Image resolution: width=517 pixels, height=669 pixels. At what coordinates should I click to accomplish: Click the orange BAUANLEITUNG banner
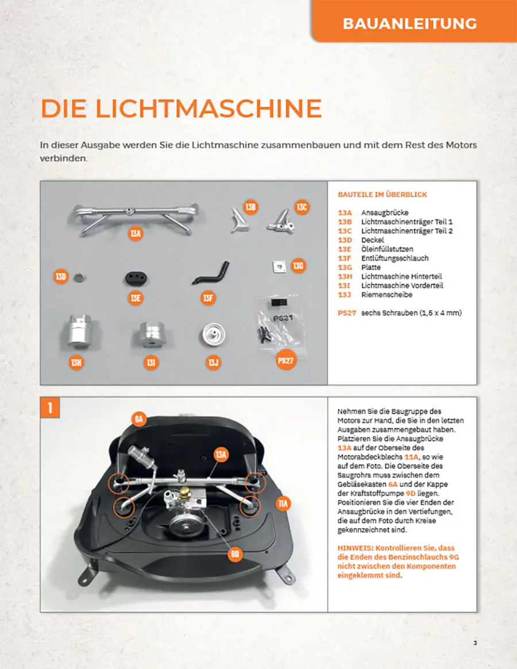pos(414,21)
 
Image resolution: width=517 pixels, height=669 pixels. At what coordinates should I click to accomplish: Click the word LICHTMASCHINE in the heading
pos(209,109)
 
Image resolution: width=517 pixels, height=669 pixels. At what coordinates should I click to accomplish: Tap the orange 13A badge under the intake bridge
pos(136,233)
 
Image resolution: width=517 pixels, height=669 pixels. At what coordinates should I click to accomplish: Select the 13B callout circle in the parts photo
pos(250,207)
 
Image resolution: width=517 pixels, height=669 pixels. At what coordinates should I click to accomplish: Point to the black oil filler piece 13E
pos(136,279)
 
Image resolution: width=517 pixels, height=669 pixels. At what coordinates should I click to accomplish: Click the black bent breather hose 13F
pos(211,273)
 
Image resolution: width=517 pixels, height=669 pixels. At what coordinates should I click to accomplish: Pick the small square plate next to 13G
pos(279,266)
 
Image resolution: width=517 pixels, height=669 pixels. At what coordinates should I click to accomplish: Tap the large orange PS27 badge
pos(285,361)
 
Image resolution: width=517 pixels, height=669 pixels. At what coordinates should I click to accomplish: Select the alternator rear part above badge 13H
pos(80,331)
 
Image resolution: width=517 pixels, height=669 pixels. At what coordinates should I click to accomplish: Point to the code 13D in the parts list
pos(345,240)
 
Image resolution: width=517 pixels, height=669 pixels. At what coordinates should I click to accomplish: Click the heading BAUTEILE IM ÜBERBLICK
pos(383,195)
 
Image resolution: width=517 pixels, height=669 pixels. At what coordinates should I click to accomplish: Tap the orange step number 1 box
pos(50,408)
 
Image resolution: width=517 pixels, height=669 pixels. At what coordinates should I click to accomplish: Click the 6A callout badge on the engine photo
pos(139,419)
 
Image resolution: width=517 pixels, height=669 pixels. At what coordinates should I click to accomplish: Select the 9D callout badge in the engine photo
pos(235,554)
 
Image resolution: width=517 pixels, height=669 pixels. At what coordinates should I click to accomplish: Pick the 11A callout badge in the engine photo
pos(283,504)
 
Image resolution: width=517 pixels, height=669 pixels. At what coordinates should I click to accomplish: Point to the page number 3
pos(475,643)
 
